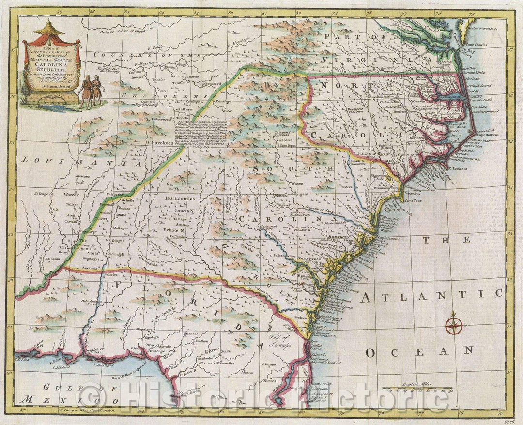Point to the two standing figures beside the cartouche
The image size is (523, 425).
(91, 91)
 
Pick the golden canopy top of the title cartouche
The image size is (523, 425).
(49, 30)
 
